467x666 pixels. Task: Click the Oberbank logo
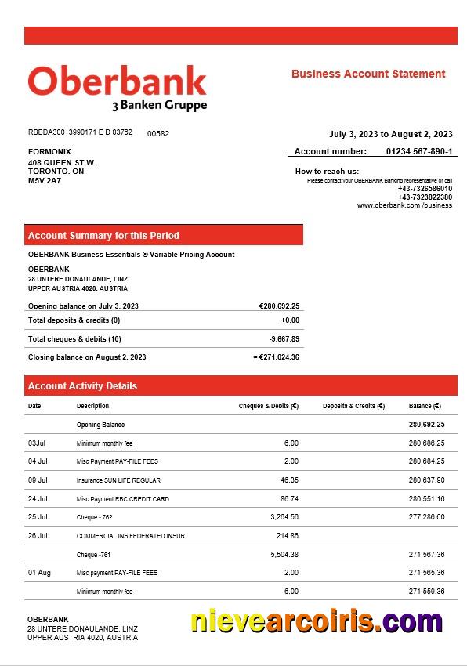coord(118,87)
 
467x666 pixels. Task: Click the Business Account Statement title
coord(368,74)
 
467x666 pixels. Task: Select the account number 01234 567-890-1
coord(418,151)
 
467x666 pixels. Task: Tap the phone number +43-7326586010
coord(425,189)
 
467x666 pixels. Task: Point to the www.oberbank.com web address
coord(404,205)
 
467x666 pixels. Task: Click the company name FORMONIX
coord(49,151)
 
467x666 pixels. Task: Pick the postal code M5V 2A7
coord(45,181)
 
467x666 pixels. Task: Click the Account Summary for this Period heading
coord(103,236)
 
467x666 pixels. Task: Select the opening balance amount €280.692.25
coord(279,306)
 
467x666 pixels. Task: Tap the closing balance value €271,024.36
coord(278,357)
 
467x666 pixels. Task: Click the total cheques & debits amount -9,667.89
coord(284,339)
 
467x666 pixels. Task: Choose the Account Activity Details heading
coord(82,386)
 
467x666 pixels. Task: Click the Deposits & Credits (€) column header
coord(353,406)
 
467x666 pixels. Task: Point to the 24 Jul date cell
coord(38,499)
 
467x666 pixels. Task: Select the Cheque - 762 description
coord(95,517)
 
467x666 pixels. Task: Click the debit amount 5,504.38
coord(283,555)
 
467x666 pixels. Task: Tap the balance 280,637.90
coord(426,480)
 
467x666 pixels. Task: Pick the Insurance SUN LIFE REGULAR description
coord(118,480)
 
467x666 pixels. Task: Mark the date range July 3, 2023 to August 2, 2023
coord(390,134)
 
